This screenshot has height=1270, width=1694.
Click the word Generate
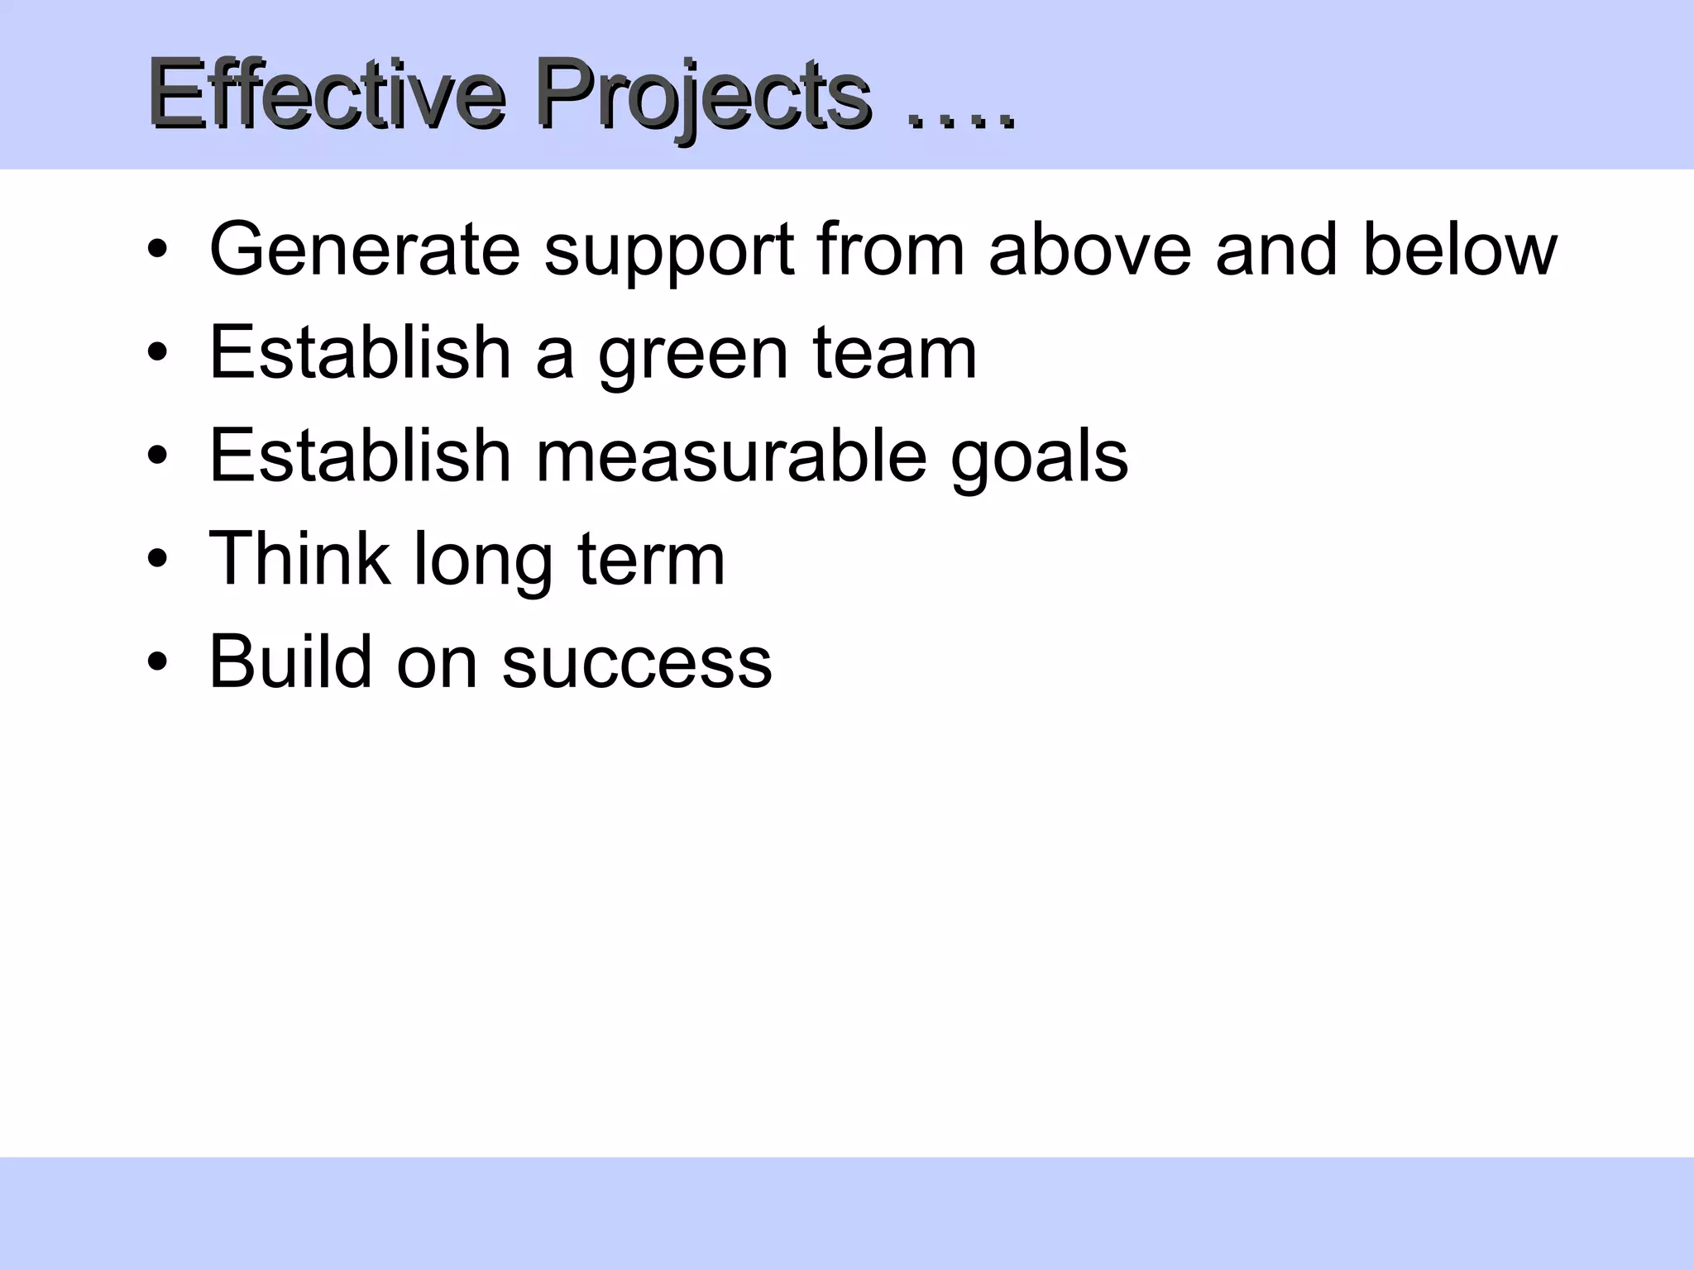[x=365, y=250]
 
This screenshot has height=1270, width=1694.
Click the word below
[x=1459, y=250]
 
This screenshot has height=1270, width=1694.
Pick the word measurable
[x=731, y=456]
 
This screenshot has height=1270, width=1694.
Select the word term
[x=651, y=561]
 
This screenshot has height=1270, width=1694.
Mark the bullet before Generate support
[x=157, y=249]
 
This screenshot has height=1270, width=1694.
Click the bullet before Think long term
[x=157, y=559]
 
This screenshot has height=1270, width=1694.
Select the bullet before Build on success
[x=157, y=662]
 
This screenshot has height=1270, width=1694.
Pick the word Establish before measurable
[x=360, y=456]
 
